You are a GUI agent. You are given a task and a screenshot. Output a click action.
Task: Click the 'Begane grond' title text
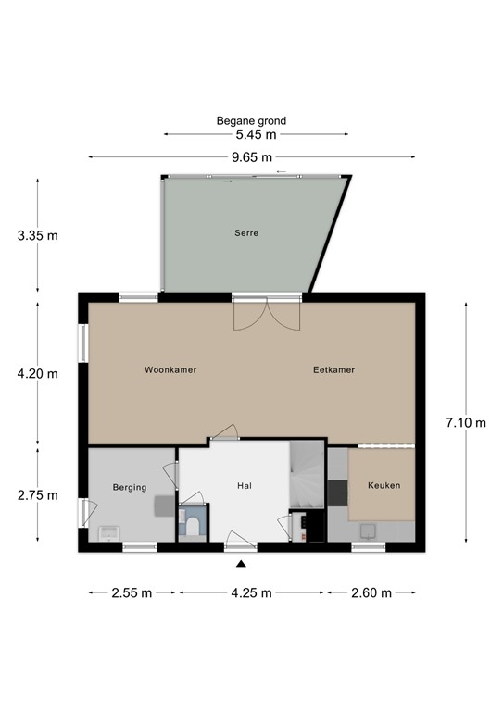[x=252, y=120]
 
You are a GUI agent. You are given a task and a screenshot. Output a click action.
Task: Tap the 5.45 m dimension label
[x=252, y=134]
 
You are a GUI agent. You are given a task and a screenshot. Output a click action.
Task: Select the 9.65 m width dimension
[x=252, y=156]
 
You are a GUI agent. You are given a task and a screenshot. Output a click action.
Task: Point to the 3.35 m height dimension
[x=37, y=235]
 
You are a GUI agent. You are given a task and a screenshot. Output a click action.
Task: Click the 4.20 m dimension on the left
[x=37, y=374]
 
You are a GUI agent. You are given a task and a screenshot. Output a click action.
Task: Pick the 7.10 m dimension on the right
[x=465, y=422]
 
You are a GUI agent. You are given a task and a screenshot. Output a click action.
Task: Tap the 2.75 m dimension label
[x=37, y=494]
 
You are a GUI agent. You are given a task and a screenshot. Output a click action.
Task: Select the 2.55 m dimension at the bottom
[x=132, y=592]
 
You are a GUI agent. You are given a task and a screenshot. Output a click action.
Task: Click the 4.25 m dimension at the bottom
[x=251, y=592]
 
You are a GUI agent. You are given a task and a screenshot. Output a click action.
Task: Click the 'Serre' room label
[x=245, y=233]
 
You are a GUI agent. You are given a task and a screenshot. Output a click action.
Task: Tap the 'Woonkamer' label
[x=170, y=369]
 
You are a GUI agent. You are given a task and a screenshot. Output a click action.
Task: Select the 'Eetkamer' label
[x=333, y=369]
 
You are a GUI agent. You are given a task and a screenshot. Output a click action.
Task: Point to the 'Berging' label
[x=130, y=486]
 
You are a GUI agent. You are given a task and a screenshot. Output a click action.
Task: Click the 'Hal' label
[x=245, y=484]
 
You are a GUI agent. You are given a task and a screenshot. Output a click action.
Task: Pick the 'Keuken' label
[x=384, y=484]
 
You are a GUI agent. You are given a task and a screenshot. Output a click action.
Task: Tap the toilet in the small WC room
[x=194, y=527]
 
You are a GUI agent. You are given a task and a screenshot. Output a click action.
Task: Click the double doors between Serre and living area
[x=267, y=315]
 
